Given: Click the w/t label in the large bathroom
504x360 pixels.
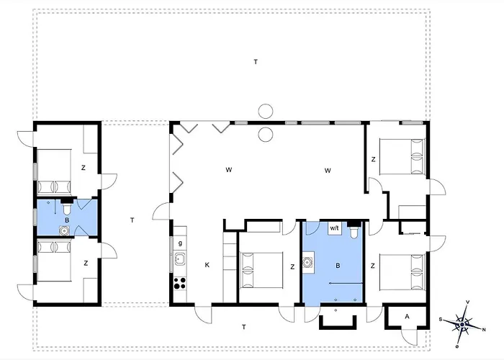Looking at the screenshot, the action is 334,228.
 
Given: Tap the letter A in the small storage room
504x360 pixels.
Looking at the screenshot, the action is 407,317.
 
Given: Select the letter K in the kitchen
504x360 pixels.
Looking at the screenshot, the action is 207,265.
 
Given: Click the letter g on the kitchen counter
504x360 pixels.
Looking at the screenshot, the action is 180,243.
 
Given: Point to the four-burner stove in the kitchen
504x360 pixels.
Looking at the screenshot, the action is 180,284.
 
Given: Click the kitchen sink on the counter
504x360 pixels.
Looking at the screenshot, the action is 180,258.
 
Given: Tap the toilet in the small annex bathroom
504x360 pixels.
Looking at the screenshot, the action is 67,207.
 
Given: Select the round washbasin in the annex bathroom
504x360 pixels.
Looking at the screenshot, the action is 64,230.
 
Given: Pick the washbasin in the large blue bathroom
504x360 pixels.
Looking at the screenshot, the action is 308,263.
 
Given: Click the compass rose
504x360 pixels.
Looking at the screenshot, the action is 462,324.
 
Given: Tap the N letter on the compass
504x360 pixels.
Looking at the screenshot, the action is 484,330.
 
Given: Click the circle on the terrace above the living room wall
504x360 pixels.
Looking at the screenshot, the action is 266,112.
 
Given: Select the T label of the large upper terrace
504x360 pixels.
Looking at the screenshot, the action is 256,62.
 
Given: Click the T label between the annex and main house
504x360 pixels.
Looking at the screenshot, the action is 132,220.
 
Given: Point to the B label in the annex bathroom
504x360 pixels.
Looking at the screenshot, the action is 67,220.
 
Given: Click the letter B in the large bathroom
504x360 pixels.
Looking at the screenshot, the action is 338,266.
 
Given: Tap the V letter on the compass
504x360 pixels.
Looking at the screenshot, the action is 468,302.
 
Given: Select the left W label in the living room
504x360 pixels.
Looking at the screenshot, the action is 228,170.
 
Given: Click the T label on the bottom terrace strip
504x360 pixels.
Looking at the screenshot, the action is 244,327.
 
